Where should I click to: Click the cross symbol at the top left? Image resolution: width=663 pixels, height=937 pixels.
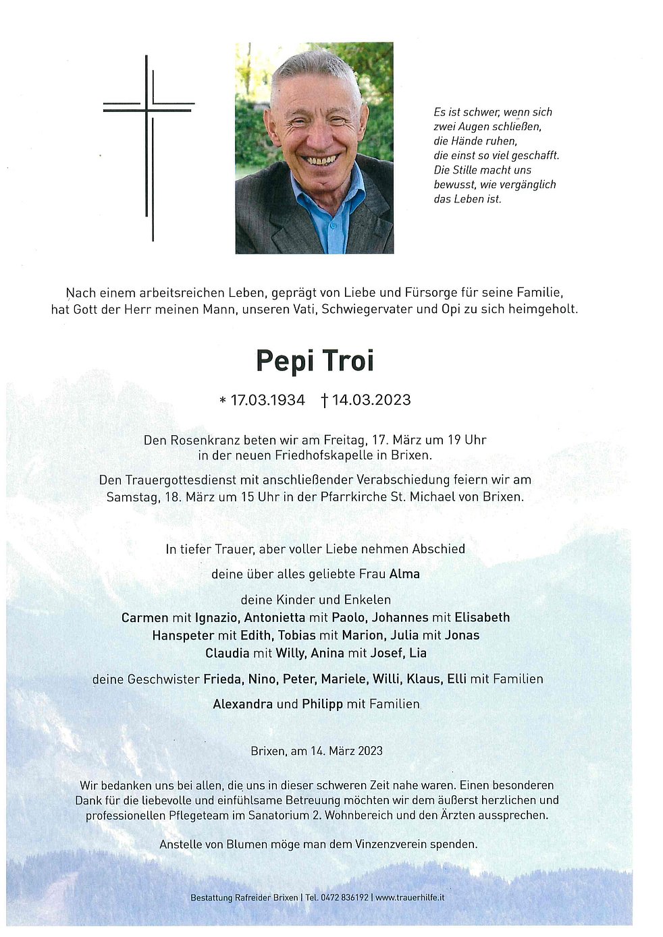coord(149,135)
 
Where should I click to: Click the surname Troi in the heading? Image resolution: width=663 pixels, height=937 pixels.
coord(348,361)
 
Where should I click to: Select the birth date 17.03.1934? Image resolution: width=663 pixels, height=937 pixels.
coord(267,400)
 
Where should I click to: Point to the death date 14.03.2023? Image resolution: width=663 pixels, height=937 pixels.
coord(371,400)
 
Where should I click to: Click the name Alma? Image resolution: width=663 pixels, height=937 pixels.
coord(404,574)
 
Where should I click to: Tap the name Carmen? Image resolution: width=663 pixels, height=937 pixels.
coord(144,617)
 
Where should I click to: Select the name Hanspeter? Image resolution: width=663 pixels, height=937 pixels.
coord(182,635)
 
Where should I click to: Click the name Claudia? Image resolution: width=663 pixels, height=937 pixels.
coord(227,653)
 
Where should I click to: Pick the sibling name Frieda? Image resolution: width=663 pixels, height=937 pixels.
coord(222,679)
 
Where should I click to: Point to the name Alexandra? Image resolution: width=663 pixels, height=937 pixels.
coord(243,704)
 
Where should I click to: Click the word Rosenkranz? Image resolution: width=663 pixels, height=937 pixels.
coord(202,440)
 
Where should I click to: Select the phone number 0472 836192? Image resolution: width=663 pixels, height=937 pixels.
coord(346,898)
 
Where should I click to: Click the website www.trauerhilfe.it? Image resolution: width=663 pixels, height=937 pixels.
coord(410,898)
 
